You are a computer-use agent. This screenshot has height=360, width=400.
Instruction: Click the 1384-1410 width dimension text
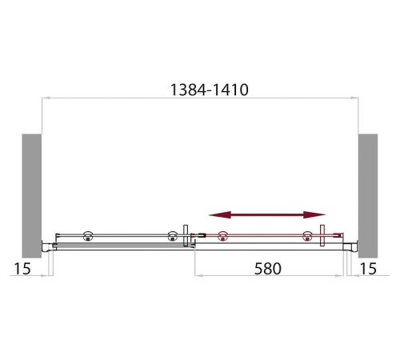[x=210, y=90]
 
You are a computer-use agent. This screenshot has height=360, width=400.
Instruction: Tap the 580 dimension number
[x=268, y=269]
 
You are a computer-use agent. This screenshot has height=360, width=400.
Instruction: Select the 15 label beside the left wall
[x=22, y=269]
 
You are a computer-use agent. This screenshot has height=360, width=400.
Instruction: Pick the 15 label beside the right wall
[x=368, y=269]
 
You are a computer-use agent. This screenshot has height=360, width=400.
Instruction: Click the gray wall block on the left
[x=32, y=196]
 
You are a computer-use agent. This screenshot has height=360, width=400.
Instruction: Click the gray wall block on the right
[x=368, y=196]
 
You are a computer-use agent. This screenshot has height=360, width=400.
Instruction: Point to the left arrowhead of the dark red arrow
[x=220, y=214]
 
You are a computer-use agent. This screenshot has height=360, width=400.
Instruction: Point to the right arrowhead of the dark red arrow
[x=314, y=214]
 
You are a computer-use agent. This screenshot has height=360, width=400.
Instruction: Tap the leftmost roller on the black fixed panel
[x=88, y=236]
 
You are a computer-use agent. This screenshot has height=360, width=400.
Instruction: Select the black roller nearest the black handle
[x=173, y=236]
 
